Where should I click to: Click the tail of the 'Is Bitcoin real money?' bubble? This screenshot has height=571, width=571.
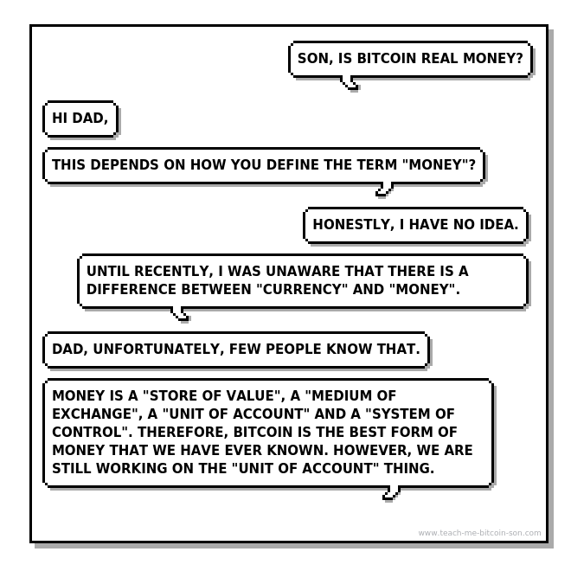coord(350,83)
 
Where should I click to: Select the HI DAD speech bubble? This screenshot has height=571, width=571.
coord(80,119)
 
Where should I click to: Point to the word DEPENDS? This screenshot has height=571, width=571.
coord(125,164)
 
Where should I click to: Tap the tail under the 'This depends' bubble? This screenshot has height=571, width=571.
coord(384,189)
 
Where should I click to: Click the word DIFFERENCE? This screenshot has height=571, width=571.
coord(132,289)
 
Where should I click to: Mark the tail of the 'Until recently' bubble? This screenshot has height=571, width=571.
coord(180,314)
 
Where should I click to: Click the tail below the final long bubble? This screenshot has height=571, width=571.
coord(391,493)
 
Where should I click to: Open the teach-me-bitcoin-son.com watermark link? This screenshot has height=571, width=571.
coord(479,533)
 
